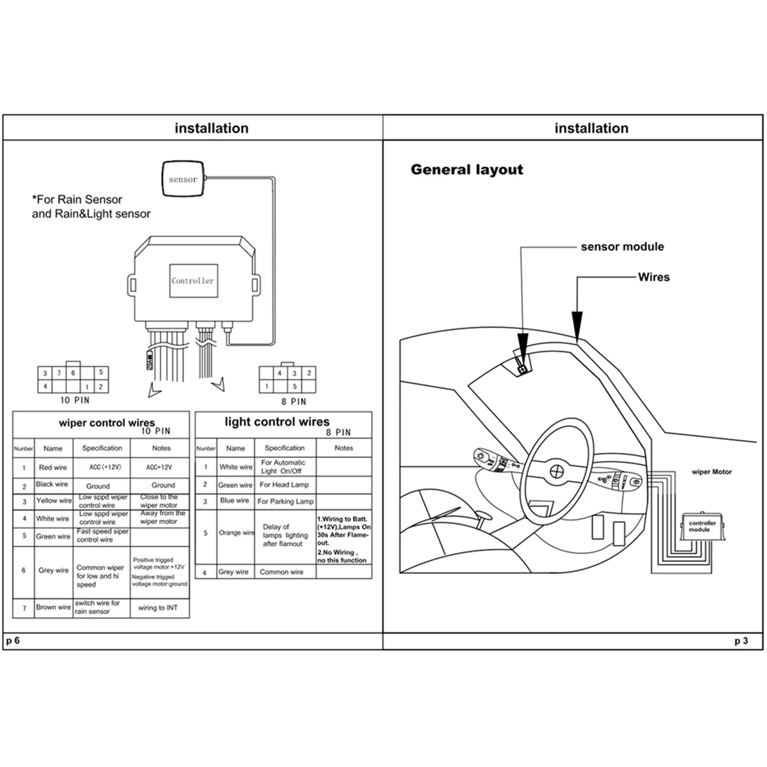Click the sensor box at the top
click(x=183, y=180)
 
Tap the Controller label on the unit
click(x=192, y=281)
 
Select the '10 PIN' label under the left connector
click(x=75, y=400)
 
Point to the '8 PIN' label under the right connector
click(x=293, y=401)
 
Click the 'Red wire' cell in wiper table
click(x=53, y=467)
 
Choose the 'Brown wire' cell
click(x=53, y=607)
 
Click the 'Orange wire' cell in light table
click(x=236, y=532)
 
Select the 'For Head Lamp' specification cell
click(x=284, y=485)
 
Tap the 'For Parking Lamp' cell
click(x=285, y=502)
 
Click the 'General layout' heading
click(x=467, y=170)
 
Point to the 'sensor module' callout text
click(x=622, y=247)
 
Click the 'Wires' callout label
click(x=654, y=277)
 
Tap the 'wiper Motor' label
click(x=711, y=472)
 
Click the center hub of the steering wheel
click(x=557, y=471)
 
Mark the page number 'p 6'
click(x=13, y=640)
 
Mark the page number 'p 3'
click(x=741, y=640)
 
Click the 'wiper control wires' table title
click(x=107, y=423)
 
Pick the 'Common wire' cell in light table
click(x=281, y=572)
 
